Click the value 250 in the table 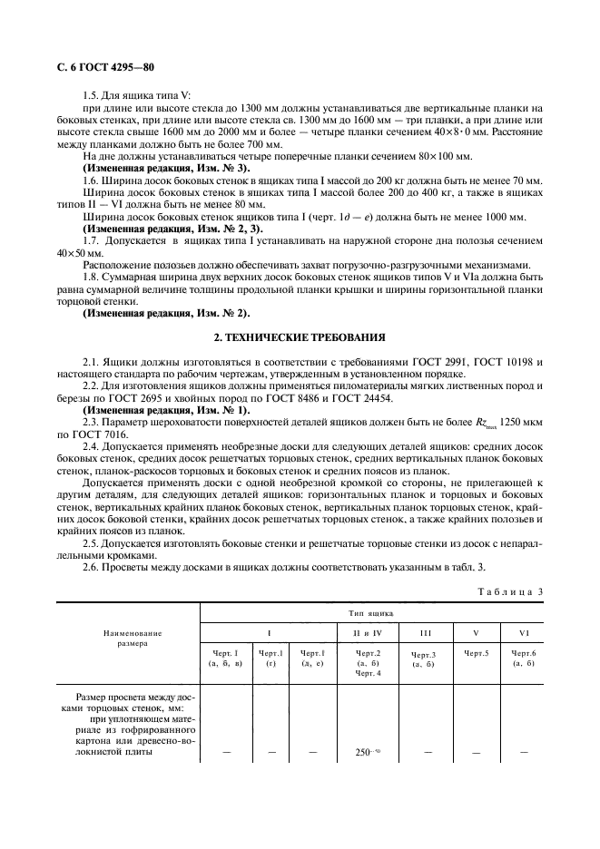point(364,752)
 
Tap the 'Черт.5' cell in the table point(477,652)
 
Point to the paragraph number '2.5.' point(91,543)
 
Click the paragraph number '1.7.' point(91,243)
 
